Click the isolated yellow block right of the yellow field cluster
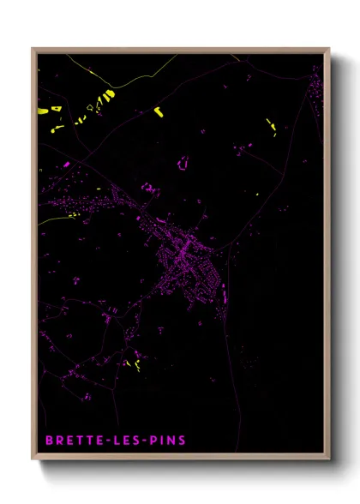point(158,111)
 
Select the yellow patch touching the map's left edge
point(44,110)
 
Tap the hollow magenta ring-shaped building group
point(183,162)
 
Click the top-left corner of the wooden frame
point(33,49)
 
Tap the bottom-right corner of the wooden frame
point(329,460)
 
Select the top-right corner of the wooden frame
point(329,49)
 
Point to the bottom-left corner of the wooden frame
point(33,460)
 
